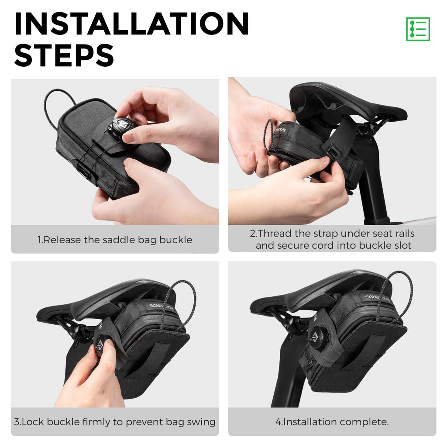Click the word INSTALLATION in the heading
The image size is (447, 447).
132,24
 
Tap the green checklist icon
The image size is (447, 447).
418,29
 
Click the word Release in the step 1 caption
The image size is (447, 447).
62,240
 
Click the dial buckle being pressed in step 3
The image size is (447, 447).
100,345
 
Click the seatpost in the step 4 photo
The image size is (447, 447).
288,379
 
